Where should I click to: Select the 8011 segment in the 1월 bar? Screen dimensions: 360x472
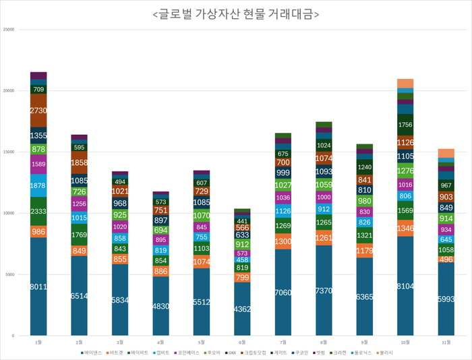click(38, 287)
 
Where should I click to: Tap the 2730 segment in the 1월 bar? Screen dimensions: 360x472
click(38, 110)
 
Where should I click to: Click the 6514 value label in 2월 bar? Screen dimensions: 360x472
click(80, 296)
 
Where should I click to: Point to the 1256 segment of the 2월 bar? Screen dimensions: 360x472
click(80, 204)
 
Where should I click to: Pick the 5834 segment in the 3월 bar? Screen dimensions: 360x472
click(120, 300)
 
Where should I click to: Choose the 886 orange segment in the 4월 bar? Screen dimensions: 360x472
click(161, 271)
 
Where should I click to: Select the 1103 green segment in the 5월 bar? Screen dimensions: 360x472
click(202, 248)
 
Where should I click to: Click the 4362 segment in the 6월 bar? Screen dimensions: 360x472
click(243, 309)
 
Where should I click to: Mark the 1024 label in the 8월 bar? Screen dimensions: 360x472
click(324, 146)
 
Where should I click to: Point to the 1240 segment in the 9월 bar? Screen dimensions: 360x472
click(365, 167)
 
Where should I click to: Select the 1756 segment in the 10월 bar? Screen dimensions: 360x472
click(406, 125)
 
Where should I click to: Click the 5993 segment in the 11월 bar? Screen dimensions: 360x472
click(446, 299)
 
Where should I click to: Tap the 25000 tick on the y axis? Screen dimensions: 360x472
click(9, 30)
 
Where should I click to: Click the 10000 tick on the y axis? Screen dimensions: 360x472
click(9, 213)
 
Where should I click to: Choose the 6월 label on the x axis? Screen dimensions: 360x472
click(243, 342)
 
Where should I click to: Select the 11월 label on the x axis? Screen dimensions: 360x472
click(446, 342)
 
